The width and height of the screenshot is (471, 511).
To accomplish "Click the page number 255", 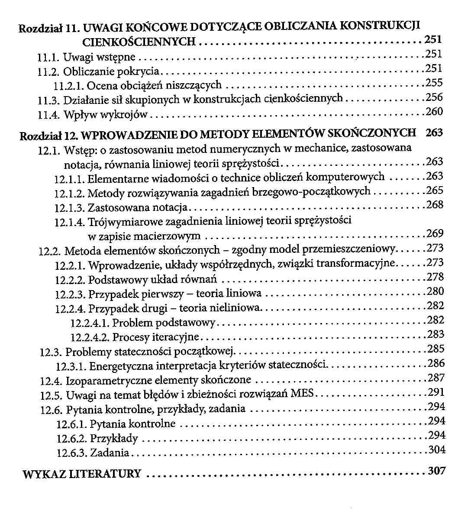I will [x=434, y=83].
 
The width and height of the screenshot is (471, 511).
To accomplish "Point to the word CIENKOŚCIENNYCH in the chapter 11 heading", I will [x=139, y=42].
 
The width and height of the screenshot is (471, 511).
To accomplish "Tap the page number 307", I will [x=436, y=470].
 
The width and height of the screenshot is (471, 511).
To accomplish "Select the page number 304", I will [x=437, y=450].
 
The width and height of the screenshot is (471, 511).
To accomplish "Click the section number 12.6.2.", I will [x=72, y=439].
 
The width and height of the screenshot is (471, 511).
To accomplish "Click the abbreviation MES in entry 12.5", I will [x=304, y=394].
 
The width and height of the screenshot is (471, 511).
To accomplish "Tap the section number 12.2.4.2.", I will [x=90, y=337].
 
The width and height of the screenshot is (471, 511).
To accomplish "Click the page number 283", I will [x=436, y=334].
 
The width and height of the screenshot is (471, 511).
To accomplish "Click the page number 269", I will [x=435, y=234].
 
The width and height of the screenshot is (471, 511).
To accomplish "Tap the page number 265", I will [x=435, y=191].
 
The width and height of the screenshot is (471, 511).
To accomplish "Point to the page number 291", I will [x=436, y=392].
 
